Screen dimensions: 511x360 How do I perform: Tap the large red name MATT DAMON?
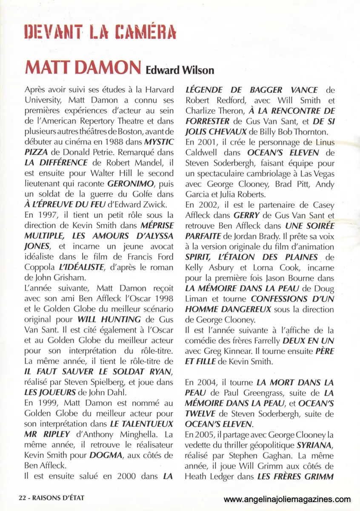pyautogui.click(x=83, y=68)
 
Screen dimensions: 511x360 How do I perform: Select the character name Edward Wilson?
pyautogui.click(x=180, y=70)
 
